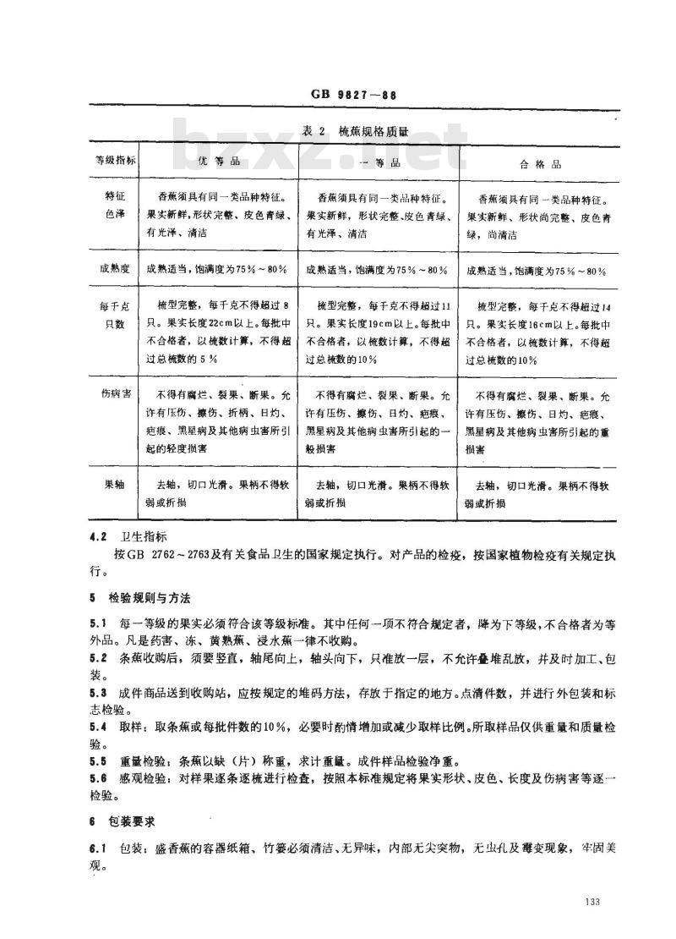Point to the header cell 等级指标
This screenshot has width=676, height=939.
tap(107, 160)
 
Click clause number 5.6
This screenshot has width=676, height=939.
tap(98, 777)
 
